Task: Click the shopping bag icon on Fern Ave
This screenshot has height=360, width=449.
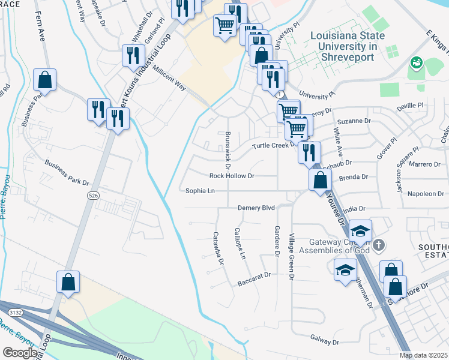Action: pos(45,79)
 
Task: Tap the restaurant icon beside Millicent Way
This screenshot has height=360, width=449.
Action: pos(132,55)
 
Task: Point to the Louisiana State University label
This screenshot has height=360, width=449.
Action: pos(343,46)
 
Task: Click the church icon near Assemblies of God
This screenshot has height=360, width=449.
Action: pos(378,245)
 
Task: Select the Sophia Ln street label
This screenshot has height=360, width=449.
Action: pos(200,191)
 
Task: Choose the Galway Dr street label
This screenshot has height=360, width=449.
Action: pos(325,340)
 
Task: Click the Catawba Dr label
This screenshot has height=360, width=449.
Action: pos(218,248)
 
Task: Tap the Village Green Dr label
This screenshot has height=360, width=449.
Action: pos(291,257)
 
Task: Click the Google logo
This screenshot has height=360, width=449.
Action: pos(20,353)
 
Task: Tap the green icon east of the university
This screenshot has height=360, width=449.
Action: pos(415,62)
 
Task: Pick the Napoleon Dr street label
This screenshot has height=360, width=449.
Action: pos(426,194)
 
